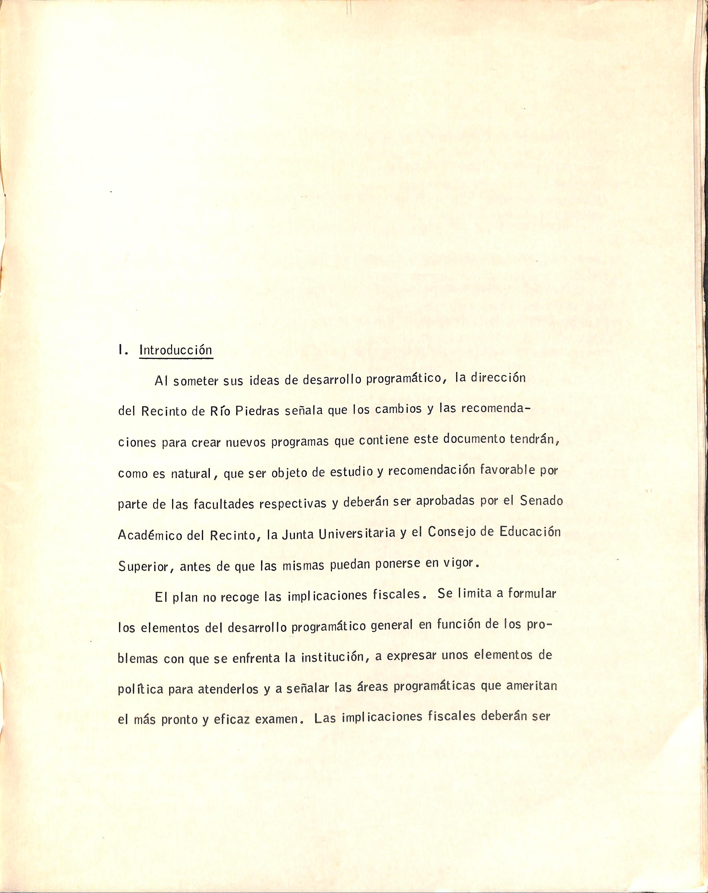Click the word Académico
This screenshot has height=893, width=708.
click(150, 535)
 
